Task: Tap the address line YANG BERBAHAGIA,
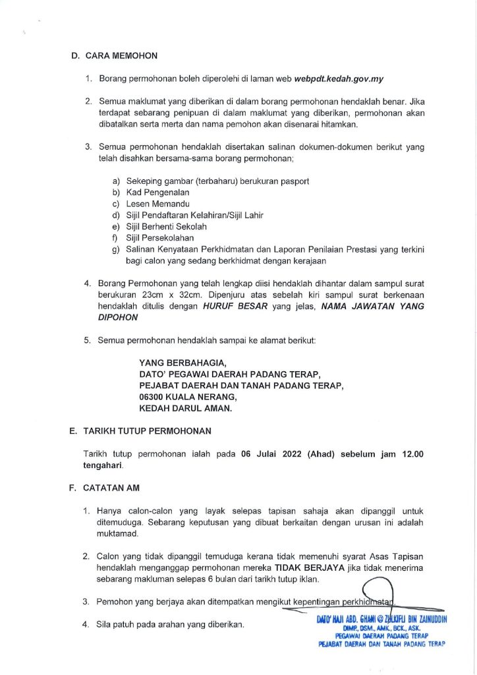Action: click(182, 362)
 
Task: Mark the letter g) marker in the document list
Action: click(116, 249)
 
